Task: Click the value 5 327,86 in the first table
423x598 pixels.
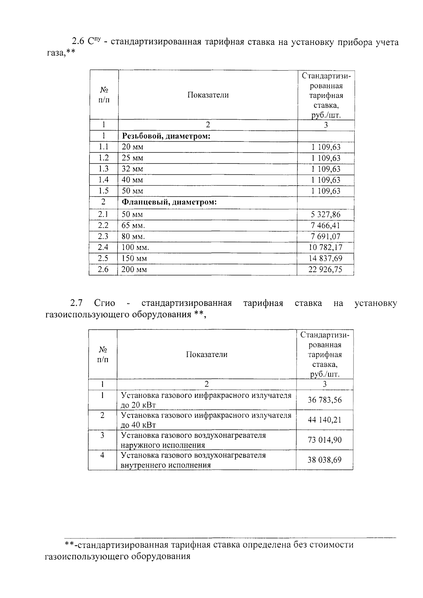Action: [326, 214]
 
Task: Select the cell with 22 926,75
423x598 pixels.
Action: [326, 270]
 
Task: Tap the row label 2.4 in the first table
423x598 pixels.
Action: [103, 247]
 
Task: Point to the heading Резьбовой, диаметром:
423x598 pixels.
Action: [166, 136]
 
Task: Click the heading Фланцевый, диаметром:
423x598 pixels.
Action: [169, 202]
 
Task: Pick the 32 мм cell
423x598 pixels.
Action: [133, 169]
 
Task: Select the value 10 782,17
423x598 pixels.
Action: [326, 247]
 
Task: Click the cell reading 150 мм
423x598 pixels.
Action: [134, 258]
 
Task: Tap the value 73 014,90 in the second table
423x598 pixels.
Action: [324, 440]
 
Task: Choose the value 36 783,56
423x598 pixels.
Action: [324, 400]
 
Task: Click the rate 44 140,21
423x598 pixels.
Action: [324, 420]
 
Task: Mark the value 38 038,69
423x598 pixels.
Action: [324, 460]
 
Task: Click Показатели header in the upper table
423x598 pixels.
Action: [208, 95]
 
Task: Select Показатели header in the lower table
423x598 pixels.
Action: [207, 354]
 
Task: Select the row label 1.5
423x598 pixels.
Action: [103, 191]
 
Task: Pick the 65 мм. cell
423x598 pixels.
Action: [133, 225]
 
